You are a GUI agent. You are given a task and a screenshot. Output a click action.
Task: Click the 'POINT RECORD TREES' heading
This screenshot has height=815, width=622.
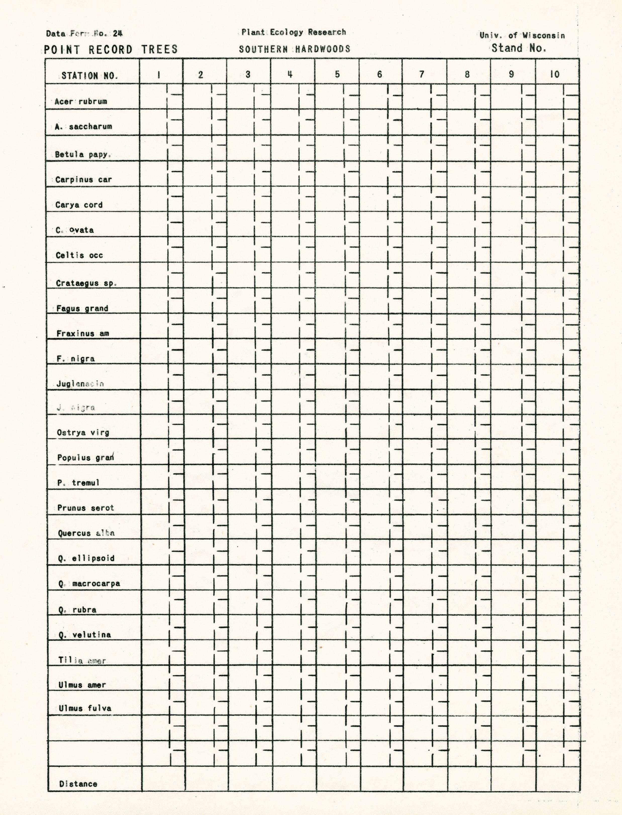click(111, 49)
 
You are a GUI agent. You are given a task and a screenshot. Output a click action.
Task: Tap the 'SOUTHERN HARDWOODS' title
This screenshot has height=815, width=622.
click(294, 49)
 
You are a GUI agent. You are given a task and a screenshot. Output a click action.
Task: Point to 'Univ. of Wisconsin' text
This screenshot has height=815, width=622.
click(522, 35)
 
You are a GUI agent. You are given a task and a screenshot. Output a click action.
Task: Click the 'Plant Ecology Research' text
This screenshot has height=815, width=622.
click(294, 32)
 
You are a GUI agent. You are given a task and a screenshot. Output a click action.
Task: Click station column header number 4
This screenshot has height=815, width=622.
click(290, 74)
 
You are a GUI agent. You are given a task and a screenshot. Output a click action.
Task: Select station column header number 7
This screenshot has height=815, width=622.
click(421, 74)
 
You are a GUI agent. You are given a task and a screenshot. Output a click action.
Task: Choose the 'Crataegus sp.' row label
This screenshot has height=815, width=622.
click(86, 283)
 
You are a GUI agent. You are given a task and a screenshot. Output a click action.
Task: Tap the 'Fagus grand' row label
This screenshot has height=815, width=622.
click(82, 308)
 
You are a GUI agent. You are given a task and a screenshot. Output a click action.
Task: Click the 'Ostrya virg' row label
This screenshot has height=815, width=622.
click(83, 432)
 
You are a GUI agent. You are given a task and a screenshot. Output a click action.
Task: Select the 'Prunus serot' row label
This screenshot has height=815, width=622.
click(85, 508)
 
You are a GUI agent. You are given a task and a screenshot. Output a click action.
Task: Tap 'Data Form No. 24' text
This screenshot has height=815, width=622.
click(84, 33)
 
